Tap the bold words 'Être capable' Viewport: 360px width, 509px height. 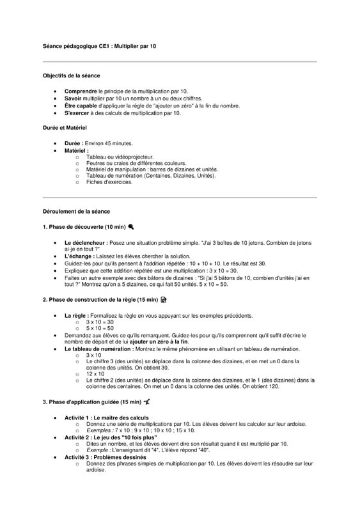tap(82, 106)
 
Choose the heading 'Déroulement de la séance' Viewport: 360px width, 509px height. tap(76, 211)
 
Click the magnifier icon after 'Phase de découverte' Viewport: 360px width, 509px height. tap(131, 226)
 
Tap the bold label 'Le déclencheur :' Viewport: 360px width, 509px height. tap(86, 243)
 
